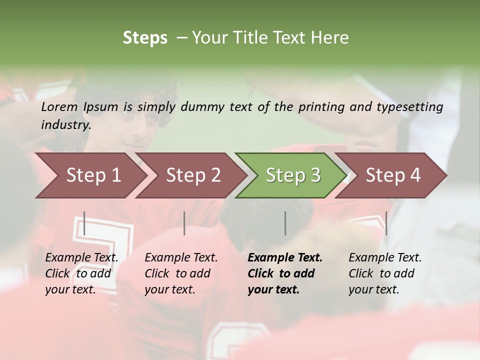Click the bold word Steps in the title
coord(145,38)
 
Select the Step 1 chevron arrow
coord(90,175)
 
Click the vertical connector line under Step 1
coord(84,223)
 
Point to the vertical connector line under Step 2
coord(184,223)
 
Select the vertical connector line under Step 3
coord(285,223)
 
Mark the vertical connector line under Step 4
coord(386,223)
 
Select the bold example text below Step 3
coord(284,273)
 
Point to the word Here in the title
coord(330,38)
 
